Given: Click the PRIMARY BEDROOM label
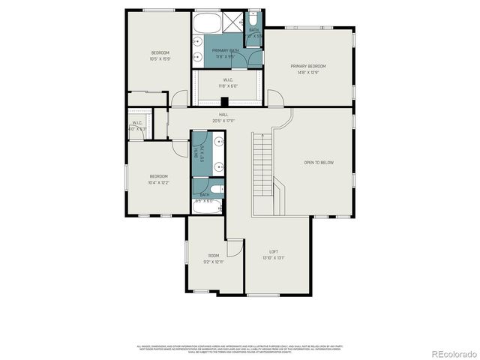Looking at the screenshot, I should tap(308, 66).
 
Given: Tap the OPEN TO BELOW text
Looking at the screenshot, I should tap(319, 162).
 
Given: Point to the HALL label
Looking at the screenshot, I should tap(223, 115).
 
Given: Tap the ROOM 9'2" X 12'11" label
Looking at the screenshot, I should tap(214, 259).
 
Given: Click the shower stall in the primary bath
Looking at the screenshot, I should tap(234, 22).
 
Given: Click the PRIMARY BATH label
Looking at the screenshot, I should tap(225, 53).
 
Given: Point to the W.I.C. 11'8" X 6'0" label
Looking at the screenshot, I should tap(228, 83).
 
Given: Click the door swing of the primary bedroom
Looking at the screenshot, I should tap(275, 98).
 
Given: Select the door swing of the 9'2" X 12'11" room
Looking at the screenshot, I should tap(235, 247).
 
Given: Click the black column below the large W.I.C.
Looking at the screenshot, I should tap(224, 103).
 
